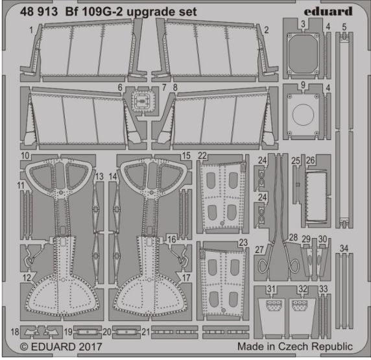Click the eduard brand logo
[328, 12]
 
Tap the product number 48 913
[39, 12]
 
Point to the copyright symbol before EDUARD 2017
[24, 347]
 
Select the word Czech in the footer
[293, 346]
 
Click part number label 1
[31, 30]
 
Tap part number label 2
[267, 30]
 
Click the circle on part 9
[303, 115]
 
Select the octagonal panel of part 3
[303, 53]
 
